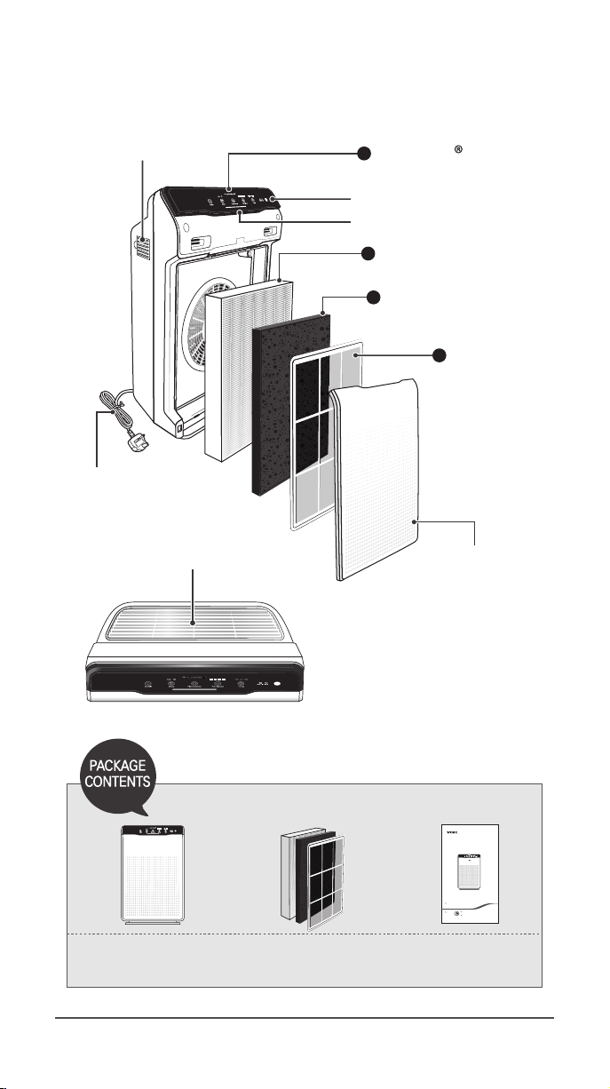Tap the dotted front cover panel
pos(377,480)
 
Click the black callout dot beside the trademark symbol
pos(363,154)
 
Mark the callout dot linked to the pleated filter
pos(368,255)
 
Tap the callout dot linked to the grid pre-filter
pos(438,354)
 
